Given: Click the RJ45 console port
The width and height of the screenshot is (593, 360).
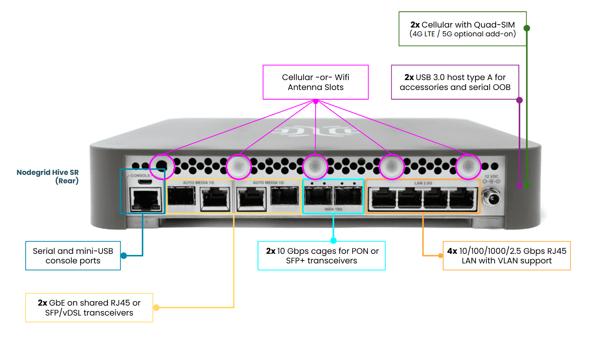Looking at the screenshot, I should coord(146,199).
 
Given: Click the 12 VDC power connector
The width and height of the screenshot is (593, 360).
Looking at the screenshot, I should coord(491,198).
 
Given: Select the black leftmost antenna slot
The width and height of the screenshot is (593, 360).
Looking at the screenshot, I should coord(162,166).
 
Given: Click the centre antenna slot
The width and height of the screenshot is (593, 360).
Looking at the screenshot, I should coord(315,166).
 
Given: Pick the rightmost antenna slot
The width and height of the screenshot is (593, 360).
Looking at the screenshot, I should coord(468,166).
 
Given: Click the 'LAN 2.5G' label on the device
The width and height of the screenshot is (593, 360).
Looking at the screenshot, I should coord(423,183).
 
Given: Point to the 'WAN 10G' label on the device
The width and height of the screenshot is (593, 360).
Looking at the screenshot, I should coord(333,209).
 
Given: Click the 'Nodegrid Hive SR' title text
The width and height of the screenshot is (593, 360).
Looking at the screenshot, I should coord(48,173).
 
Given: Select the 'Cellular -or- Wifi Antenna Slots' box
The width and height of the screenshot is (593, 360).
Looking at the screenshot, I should coord(316,82).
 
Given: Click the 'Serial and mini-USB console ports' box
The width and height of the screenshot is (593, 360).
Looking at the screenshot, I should coord(73,256).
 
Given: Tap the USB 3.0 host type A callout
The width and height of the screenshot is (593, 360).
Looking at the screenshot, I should coord(455,82).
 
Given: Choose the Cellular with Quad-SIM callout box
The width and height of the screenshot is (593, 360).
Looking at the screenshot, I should coord(463,29).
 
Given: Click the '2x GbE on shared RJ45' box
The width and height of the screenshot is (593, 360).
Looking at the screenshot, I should coord(89,308).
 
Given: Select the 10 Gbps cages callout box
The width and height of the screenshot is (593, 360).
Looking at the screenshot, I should coord(322,256).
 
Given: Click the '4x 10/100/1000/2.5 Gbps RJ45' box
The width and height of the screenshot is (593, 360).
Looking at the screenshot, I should coord(507,256).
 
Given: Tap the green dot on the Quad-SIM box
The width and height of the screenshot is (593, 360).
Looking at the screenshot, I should coord(526,28).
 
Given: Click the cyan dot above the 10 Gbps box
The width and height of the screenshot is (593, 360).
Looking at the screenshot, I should coord(333,241).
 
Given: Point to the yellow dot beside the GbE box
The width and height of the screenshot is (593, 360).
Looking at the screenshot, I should coord(156,307).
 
